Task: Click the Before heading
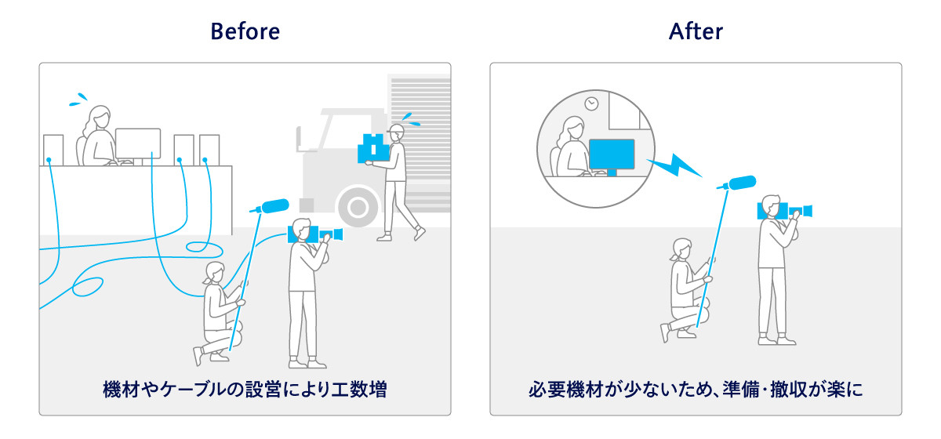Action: click(245, 32)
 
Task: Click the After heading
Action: click(696, 32)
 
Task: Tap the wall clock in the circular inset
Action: click(591, 103)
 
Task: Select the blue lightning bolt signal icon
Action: click(676, 165)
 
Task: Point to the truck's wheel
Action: click(358, 208)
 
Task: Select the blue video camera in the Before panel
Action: click(314, 233)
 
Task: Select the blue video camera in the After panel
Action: click(784, 210)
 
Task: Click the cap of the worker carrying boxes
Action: click(398, 128)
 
